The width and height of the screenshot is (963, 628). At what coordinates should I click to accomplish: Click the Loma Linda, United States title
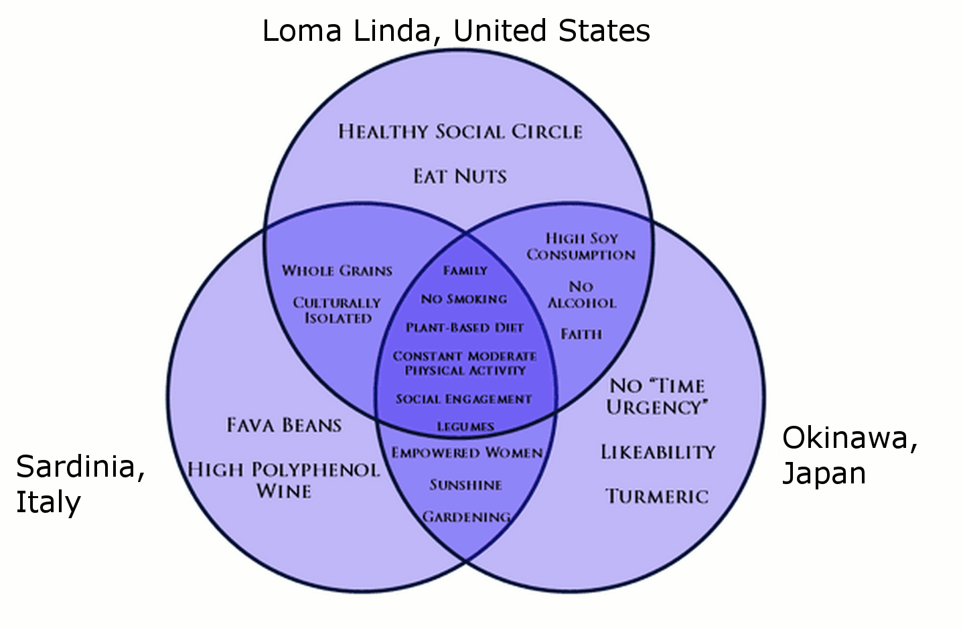456,31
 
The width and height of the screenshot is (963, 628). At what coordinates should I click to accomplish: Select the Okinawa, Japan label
850,455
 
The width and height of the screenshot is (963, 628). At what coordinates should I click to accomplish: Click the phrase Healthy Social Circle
460,131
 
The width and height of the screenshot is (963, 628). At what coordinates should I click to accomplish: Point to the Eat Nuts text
460,176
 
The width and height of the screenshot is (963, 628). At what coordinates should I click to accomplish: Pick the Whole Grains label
337,270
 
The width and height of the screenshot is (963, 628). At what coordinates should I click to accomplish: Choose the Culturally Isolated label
337,311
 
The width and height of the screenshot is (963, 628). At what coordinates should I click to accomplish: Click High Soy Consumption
581,246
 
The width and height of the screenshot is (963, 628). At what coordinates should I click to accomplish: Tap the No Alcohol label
581,295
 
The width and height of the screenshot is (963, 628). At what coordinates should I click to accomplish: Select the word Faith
581,333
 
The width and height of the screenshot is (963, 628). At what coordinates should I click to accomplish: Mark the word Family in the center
465,270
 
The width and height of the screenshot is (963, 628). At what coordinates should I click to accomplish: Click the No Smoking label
464,299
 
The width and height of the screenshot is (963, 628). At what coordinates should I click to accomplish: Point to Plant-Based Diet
465,327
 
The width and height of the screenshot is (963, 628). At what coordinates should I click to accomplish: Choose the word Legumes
465,426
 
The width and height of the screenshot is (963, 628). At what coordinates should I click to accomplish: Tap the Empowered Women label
467,453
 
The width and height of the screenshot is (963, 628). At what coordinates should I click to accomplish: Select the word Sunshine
465,485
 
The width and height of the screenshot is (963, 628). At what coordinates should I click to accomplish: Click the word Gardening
466,517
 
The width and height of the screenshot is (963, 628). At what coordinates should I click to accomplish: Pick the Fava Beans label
284,425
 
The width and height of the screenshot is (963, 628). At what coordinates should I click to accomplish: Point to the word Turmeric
657,496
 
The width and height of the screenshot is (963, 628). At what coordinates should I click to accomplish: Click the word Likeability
658,452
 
